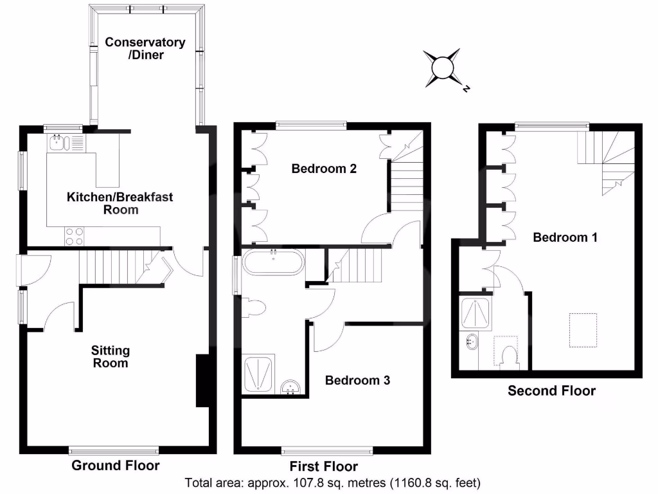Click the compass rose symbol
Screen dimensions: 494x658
443,68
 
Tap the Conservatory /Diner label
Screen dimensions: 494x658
145,48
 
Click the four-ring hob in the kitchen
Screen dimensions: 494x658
73,237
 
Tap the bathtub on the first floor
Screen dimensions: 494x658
274,262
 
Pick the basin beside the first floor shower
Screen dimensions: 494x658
292,387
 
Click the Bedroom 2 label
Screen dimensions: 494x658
323,169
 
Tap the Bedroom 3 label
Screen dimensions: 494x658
357,380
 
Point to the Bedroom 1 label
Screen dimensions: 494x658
565,237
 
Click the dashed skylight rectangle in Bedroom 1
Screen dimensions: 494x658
583,330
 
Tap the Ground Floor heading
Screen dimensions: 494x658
115,465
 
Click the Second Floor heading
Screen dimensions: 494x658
551,390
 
